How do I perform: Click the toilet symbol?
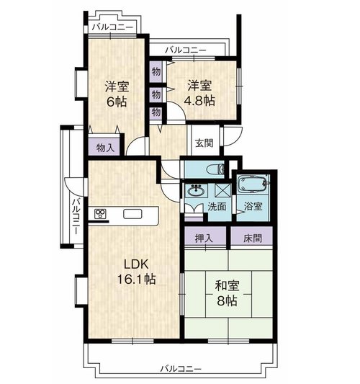pos(215,169)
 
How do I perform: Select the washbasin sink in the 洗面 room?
pos(195,190)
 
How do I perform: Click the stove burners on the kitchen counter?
pos(100,213)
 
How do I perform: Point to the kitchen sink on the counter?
pos(132,214)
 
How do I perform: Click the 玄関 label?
pos(204,143)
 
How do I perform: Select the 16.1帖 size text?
pos(136,279)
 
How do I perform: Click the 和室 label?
pos(227,286)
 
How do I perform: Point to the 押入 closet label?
pos(204,238)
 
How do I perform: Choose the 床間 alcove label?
pos(253,238)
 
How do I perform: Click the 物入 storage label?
pos(105,148)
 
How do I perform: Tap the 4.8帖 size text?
pos(199,100)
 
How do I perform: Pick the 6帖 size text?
pos(117,102)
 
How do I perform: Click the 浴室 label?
pos(253,206)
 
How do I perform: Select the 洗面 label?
pos(217,207)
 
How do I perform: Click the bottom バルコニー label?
pos(181,369)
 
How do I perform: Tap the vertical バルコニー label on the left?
pos(76,216)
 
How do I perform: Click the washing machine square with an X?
pos(222,190)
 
